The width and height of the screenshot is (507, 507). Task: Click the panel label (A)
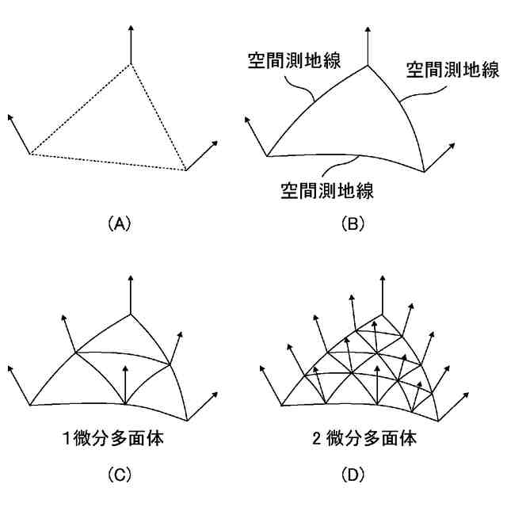tap(117, 224)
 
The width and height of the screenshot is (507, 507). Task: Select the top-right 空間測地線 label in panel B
tap(452, 71)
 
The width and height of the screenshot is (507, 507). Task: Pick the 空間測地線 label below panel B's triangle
tap(327, 190)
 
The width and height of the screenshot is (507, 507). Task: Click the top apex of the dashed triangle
tap(132, 63)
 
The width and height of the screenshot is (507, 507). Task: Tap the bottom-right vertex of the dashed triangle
tap(186, 170)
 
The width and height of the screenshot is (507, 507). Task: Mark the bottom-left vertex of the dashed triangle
tap(30, 154)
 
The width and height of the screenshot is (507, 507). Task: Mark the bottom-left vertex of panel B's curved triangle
tap(268, 154)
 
